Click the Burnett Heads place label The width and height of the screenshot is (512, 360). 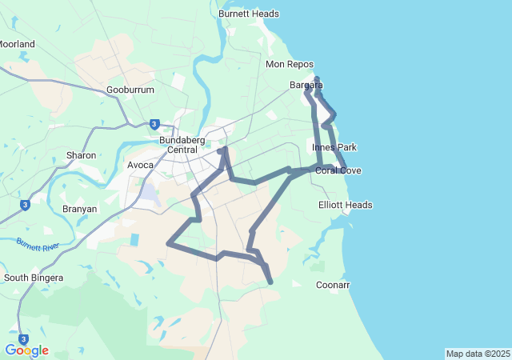[249, 14]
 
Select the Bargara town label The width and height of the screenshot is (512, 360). [306, 85]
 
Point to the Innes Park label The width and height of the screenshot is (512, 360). [334, 147]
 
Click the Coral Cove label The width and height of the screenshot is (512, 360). [338, 170]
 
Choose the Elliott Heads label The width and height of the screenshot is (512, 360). [346, 205]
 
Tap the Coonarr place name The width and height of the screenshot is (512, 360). [333, 285]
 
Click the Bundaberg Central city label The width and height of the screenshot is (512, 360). [190, 145]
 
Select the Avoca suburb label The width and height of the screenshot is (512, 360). [141, 165]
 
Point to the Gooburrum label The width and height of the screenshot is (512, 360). [130, 90]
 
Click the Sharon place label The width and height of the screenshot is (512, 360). [82, 155]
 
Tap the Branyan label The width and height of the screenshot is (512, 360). [79, 209]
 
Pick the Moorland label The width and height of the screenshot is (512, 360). [16, 44]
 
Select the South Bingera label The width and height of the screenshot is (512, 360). [34, 278]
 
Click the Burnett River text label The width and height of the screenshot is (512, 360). [38, 244]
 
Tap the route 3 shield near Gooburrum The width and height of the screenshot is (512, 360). [154, 124]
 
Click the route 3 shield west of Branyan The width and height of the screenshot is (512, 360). [25, 205]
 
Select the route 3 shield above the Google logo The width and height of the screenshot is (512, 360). [23, 339]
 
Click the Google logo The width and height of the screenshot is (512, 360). [26, 350]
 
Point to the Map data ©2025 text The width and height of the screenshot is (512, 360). [478, 354]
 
